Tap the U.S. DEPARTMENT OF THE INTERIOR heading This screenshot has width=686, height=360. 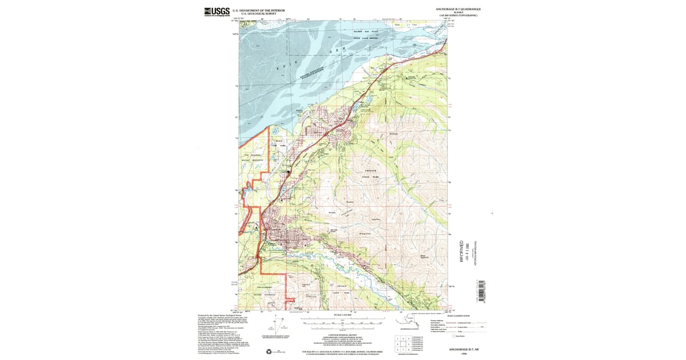pyautogui.click(x=259, y=10)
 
